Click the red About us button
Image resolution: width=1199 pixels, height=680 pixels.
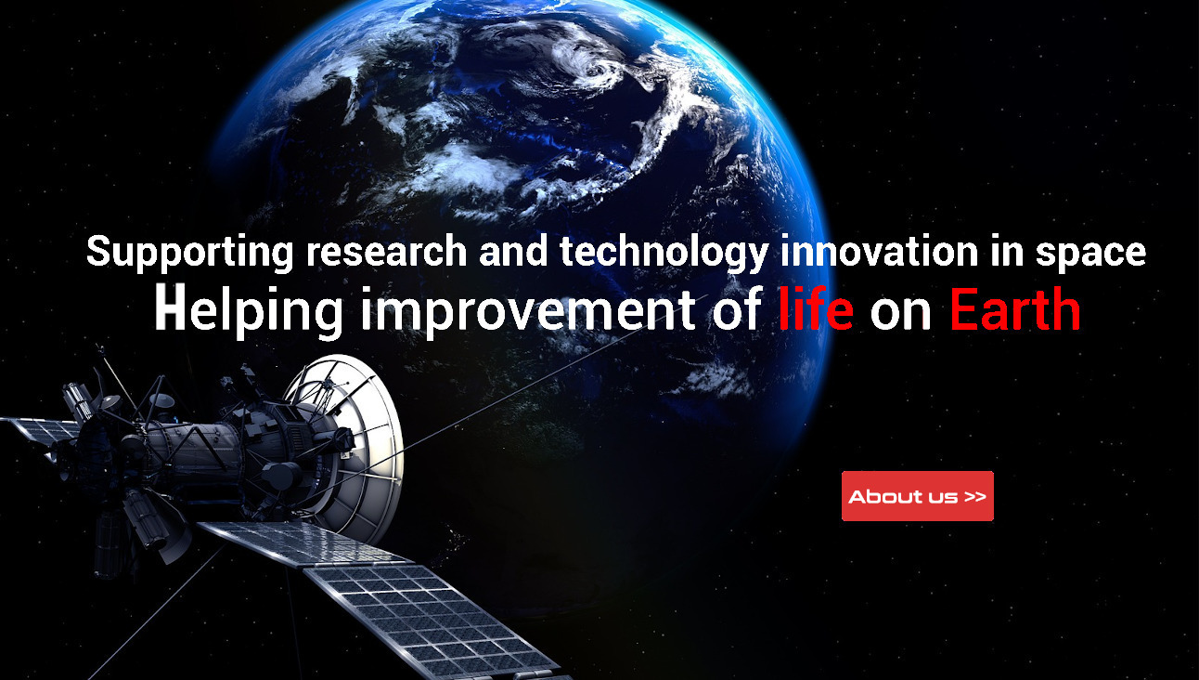(x=918, y=496)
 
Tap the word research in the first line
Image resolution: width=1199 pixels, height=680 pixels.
(x=386, y=252)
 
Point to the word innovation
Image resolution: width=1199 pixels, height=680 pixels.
(x=879, y=251)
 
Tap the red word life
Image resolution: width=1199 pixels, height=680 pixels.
(x=816, y=308)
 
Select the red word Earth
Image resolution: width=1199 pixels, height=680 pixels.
(x=1015, y=309)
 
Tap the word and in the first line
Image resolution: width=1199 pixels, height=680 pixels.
(x=513, y=251)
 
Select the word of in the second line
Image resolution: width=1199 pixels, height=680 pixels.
(x=737, y=309)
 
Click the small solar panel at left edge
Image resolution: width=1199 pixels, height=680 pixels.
(x=40, y=430)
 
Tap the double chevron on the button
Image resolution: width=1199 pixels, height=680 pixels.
(x=975, y=496)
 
